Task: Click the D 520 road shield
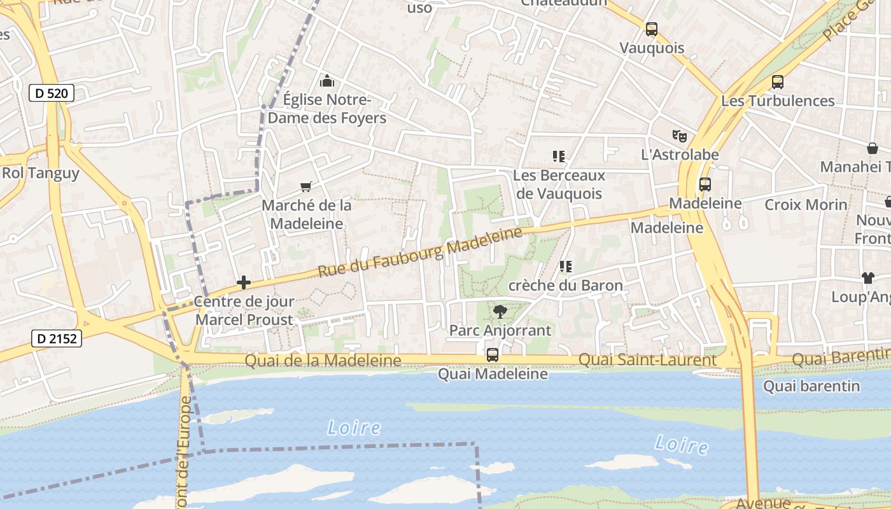coord(52,94)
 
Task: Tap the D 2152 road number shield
coord(57,338)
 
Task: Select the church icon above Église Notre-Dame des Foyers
coord(327,81)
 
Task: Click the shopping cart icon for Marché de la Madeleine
coord(306,186)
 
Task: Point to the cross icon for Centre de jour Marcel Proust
coord(243,282)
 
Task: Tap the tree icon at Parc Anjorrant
coord(500,311)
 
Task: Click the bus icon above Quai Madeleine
coord(492,355)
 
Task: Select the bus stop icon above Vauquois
coord(651,29)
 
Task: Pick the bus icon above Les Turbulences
coord(777,81)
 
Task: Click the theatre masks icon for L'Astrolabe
coord(680,136)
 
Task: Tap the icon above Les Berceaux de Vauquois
coord(559,156)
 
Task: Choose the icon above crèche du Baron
coord(565,267)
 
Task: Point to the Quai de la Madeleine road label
coord(323,361)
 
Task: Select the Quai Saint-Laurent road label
coord(647,360)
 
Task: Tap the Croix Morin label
coord(806,204)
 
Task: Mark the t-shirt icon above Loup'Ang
coord(867,277)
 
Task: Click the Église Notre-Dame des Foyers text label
coord(326,109)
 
